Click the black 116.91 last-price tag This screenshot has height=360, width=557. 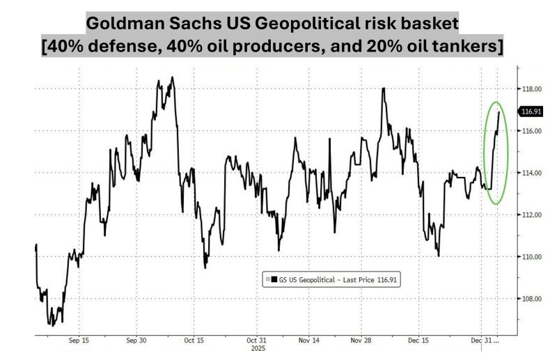pyautogui.click(x=532, y=111)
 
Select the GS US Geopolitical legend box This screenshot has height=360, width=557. pyautogui.click(x=332, y=279)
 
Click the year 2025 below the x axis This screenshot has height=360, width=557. pyautogui.click(x=257, y=349)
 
